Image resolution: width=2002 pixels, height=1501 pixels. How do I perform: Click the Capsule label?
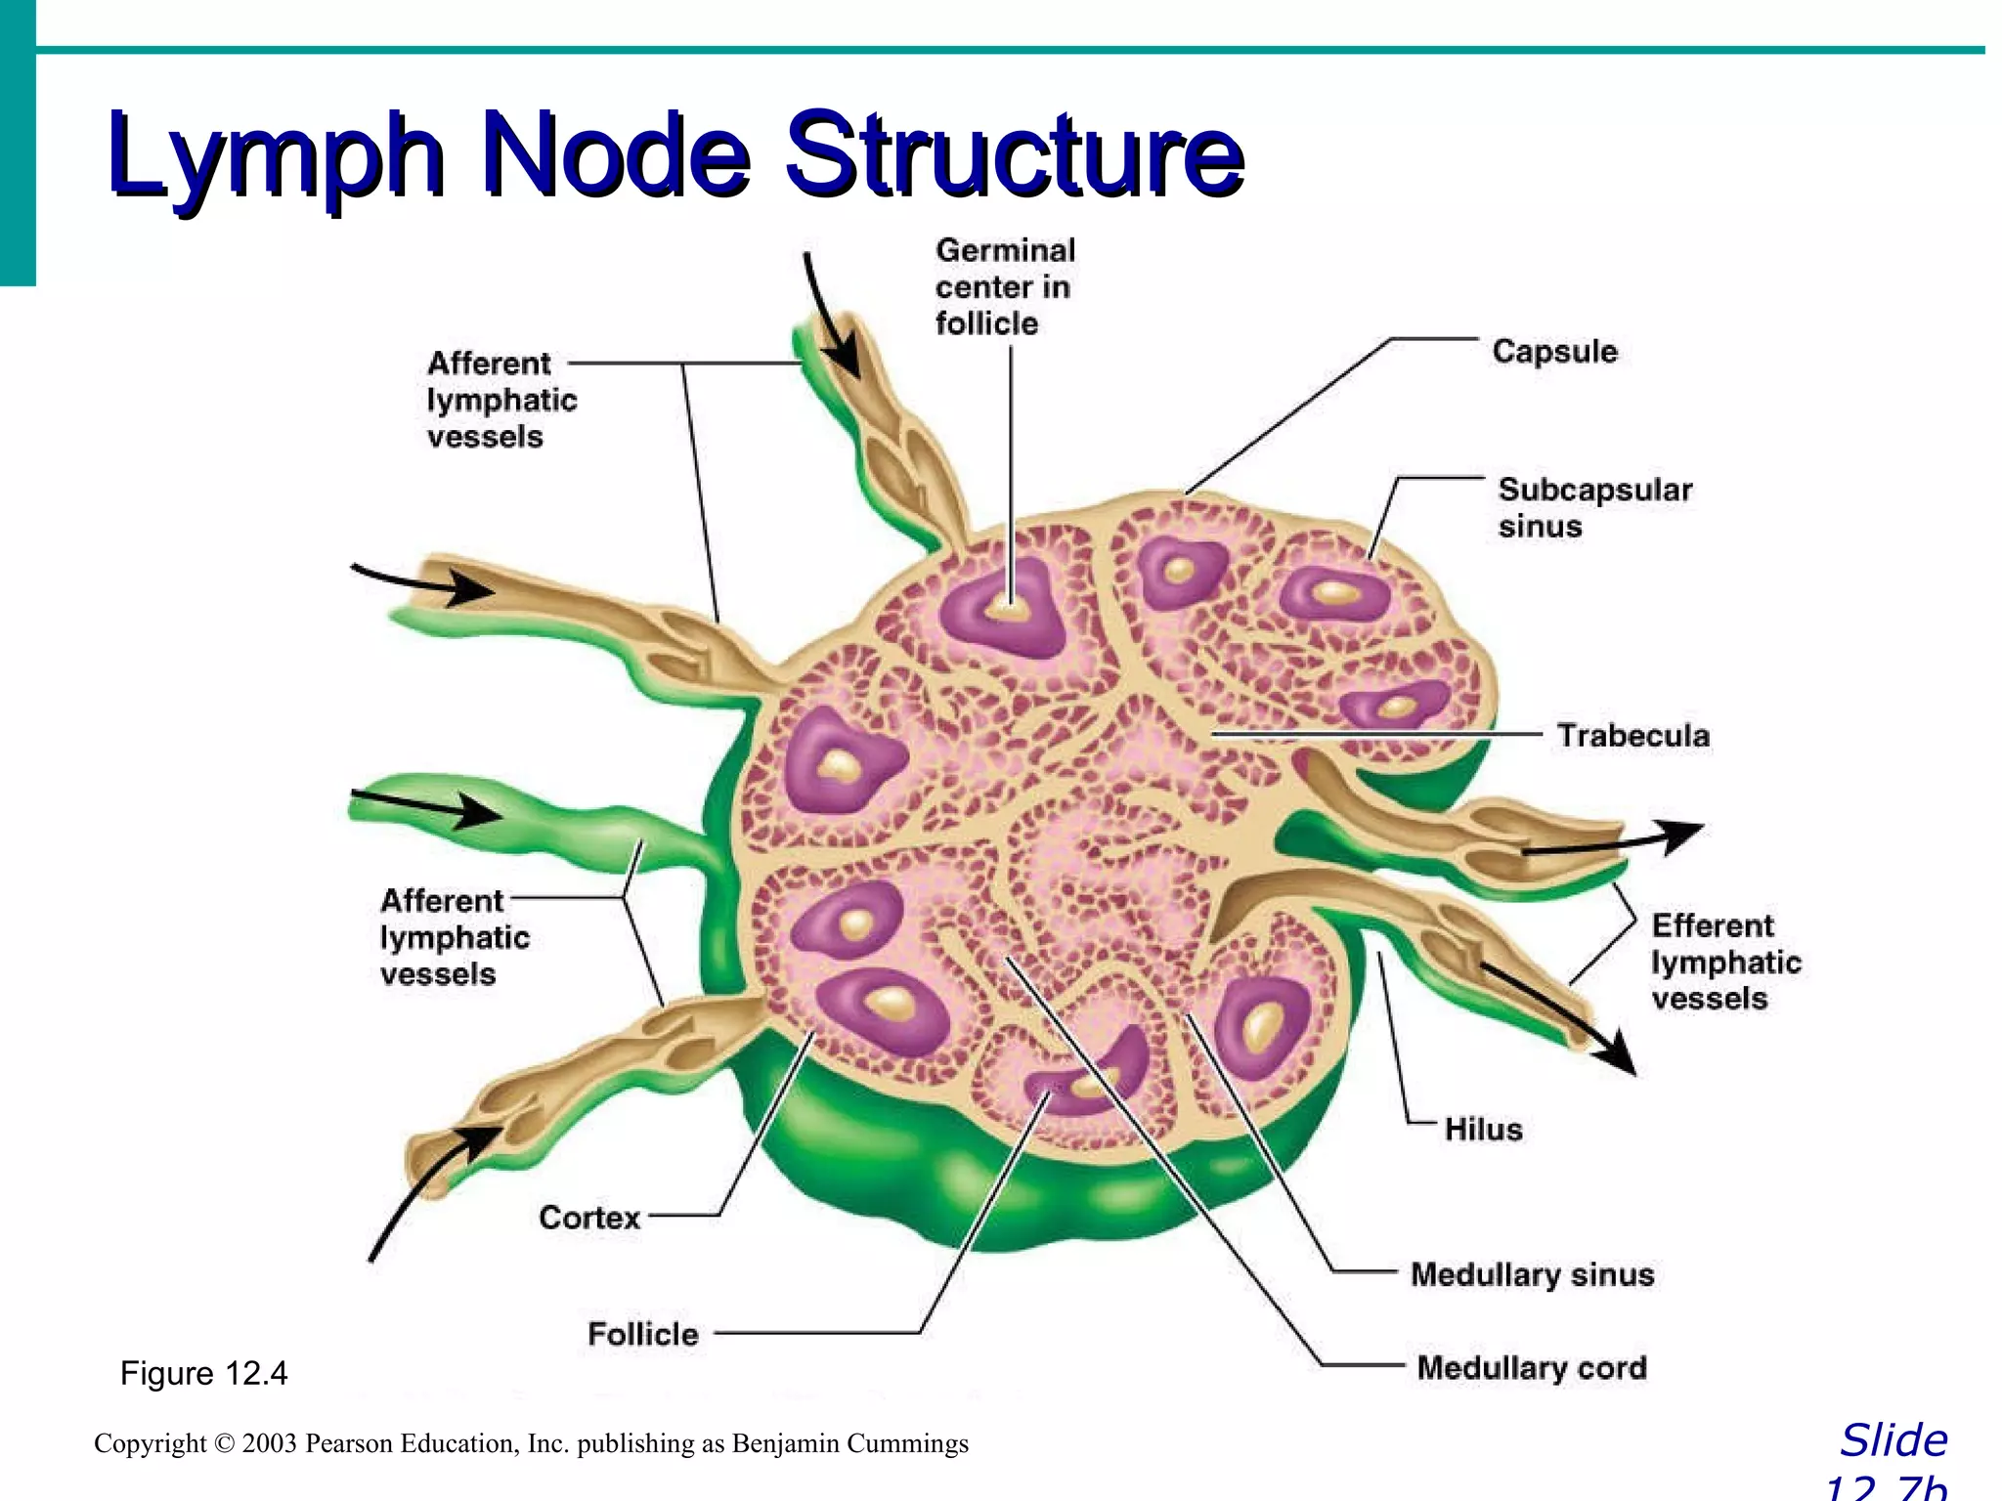click(x=1554, y=352)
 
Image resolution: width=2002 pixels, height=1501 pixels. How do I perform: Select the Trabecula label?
click(x=1632, y=736)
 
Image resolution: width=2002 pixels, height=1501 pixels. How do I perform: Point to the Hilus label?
click(x=1483, y=1130)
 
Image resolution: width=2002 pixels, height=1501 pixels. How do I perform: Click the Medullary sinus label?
click(x=1532, y=1274)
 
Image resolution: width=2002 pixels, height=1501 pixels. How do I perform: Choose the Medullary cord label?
click(x=1532, y=1368)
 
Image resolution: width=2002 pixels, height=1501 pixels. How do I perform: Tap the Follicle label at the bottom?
click(x=643, y=1334)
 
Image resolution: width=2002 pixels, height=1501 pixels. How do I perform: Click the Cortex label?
click(x=589, y=1218)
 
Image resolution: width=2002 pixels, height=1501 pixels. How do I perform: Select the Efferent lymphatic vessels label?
click(x=1725, y=963)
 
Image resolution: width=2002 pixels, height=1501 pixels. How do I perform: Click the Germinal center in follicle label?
click(x=1004, y=287)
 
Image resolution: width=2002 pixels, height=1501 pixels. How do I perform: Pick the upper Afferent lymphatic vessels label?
click(x=500, y=401)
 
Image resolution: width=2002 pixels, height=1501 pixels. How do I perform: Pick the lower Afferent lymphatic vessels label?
click(x=455, y=938)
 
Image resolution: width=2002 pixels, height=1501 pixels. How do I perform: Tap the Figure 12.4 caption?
click(x=203, y=1374)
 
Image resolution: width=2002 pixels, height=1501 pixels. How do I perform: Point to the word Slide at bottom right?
click(x=1893, y=1440)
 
